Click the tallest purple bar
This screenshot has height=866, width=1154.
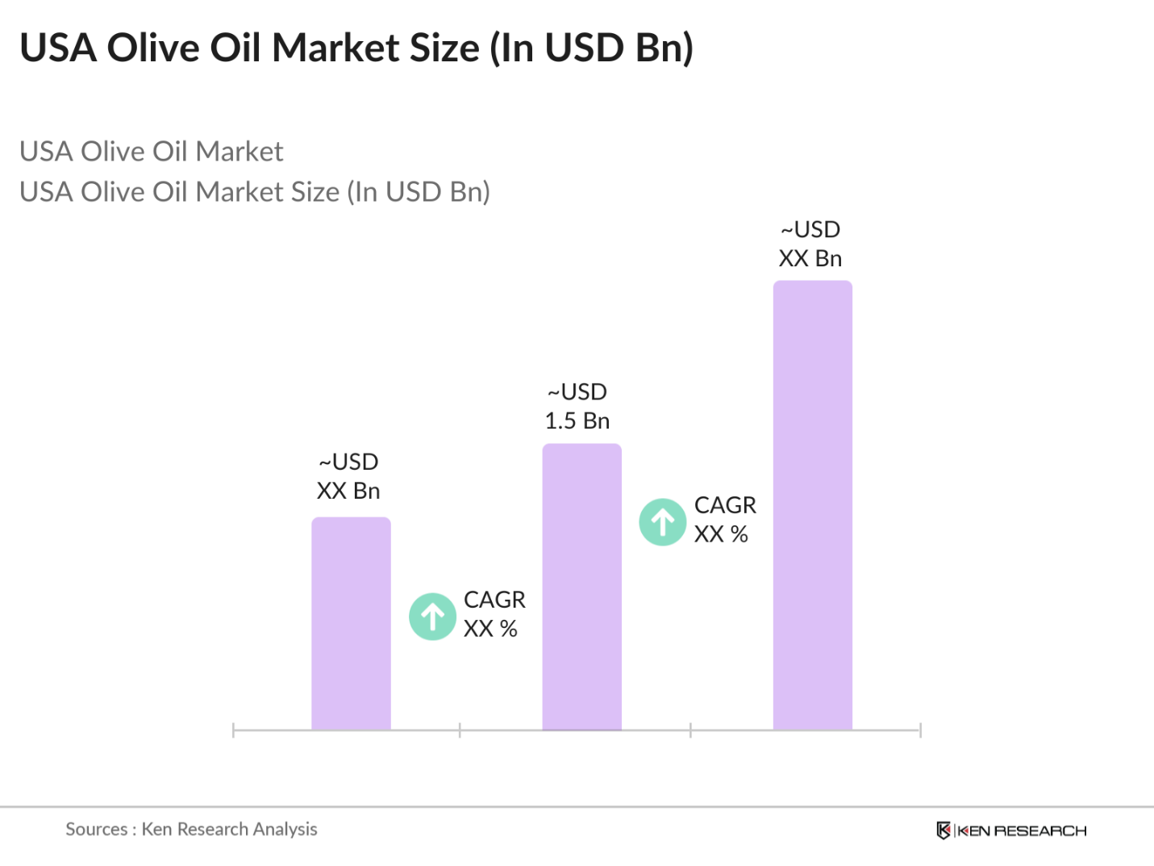812,505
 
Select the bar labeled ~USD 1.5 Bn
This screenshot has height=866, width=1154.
581,587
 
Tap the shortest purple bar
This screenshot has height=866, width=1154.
351,623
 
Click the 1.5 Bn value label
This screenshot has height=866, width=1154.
577,421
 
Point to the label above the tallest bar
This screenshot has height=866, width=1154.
810,245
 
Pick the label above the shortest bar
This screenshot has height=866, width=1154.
348,476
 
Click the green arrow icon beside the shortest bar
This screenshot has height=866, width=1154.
433,617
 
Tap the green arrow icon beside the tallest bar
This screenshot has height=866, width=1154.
663,522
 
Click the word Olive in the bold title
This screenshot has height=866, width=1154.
154,48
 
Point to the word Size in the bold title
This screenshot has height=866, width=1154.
444,48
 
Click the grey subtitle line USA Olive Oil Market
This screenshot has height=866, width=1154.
152,152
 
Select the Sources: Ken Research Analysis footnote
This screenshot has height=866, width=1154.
191,829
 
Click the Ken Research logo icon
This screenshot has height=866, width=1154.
943,830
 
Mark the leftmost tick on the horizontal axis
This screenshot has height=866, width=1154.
233,730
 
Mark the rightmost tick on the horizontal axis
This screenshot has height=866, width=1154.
920,730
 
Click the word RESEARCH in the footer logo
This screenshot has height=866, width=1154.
1039,830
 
